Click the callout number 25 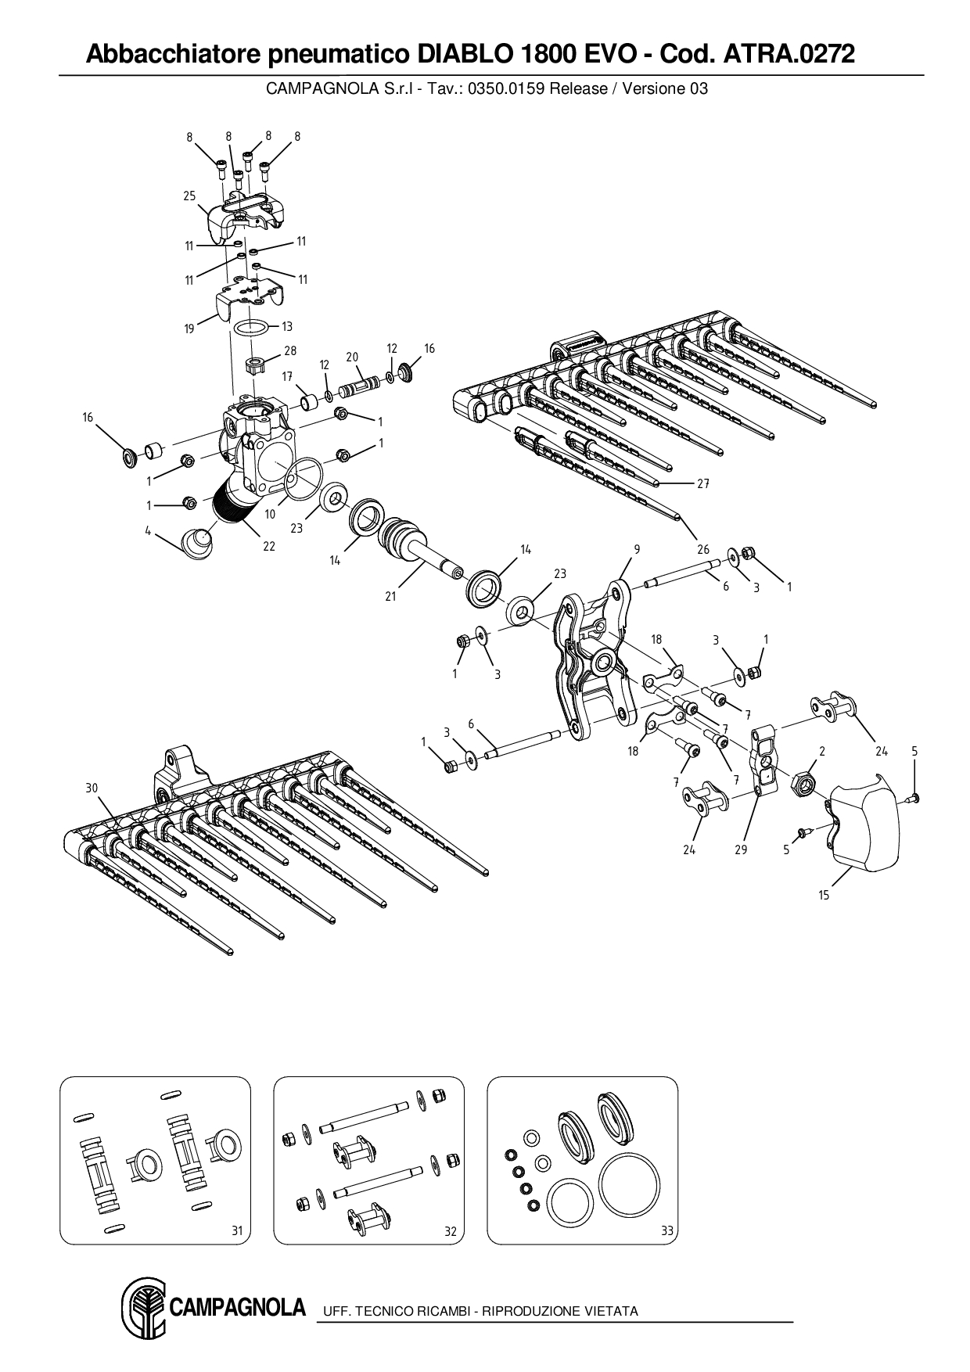click(x=189, y=196)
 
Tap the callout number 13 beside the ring click(x=287, y=327)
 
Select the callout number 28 click(x=290, y=350)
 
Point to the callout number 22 click(x=269, y=546)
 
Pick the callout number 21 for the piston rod click(x=390, y=596)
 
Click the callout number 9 click(x=637, y=549)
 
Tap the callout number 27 click(x=702, y=484)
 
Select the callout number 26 click(x=703, y=549)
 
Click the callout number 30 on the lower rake click(x=92, y=788)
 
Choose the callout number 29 click(x=741, y=849)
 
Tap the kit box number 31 click(x=238, y=1231)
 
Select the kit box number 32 click(x=451, y=1231)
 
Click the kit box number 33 click(x=666, y=1231)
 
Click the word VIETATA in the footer click(x=611, y=1312)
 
